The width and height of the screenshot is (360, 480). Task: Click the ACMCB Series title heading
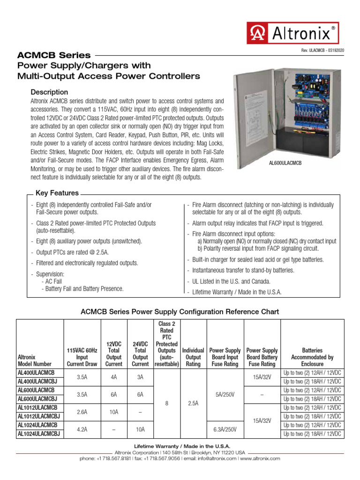[54, 55]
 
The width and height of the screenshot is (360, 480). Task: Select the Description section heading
[49, 92]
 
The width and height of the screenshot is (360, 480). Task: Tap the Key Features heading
[57, 193]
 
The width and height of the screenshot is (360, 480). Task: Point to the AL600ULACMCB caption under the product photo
[285, 163]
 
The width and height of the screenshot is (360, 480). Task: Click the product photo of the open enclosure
[285, 112]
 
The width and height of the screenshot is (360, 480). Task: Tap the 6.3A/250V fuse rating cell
[225, 429]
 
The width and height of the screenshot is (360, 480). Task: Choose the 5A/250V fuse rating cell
[225, 394]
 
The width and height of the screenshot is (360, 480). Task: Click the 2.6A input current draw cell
[82, 412]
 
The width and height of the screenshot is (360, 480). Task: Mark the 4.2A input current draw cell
[82, 429]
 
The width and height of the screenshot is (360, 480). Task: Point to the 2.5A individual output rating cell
[193, 403]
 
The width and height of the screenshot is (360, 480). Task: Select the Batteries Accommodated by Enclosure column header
[312, 357]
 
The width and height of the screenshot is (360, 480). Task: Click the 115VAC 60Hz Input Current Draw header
[82, 357]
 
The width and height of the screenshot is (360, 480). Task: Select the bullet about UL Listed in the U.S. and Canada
[232, 281]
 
